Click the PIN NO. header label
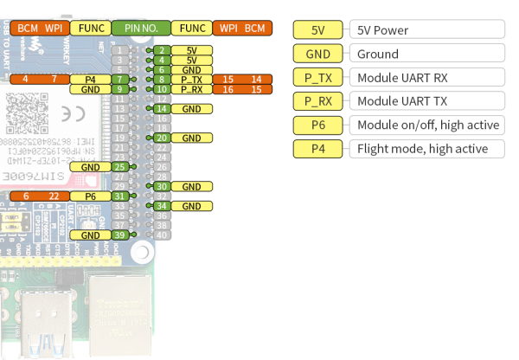point(139,28)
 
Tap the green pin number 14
point(161,109)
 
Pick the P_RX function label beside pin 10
point(191,89)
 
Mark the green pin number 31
point(118,196)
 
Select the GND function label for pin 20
point(191,138)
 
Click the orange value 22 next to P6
point(53,196)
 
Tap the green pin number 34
point(161,206)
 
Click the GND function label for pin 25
point(90,167)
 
